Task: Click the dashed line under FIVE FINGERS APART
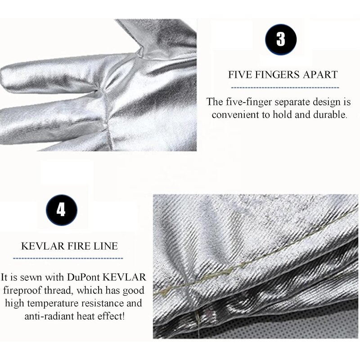pos(281,87)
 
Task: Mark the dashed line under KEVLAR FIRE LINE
pos(68,258)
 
